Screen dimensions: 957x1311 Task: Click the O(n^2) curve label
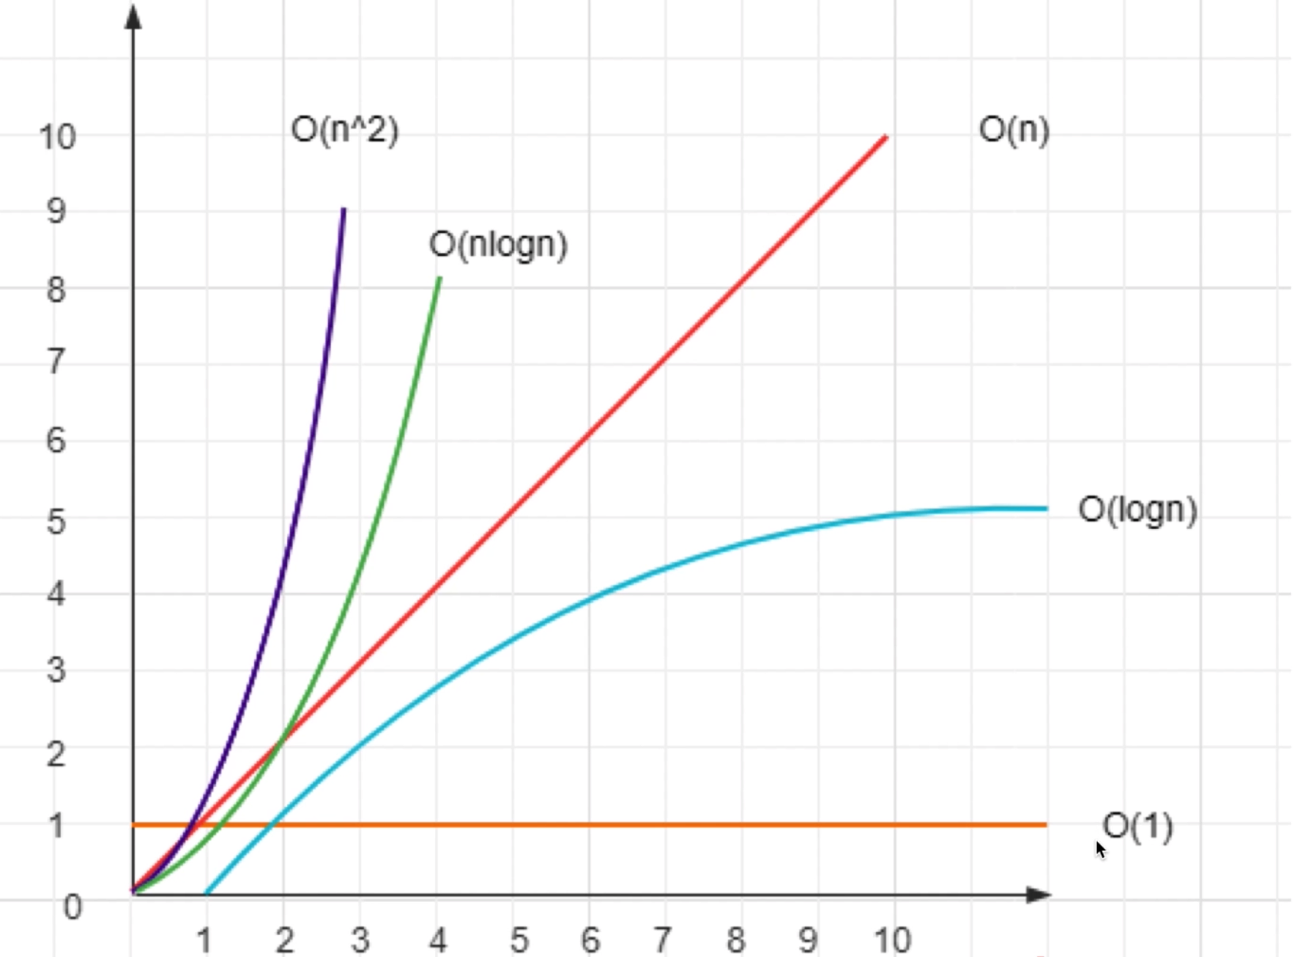click(344, 130)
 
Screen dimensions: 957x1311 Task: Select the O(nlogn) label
click(498, 245)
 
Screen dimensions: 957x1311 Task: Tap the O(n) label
click(1014, 130)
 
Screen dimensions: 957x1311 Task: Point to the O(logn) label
click(1137, 510)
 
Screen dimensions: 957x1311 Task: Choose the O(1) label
click(1137, 827)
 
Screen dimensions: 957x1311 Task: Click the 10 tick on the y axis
click(57, 137)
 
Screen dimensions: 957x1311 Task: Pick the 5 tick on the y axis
click(56, 522)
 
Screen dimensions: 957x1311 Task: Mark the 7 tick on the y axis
click(56, 361)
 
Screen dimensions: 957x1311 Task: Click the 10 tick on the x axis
click(892, 939)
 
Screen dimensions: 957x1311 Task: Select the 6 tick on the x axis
click(590, 939)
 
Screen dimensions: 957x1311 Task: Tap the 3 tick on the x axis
click(360, 939)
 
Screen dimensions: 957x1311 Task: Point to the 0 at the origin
click(73, 907)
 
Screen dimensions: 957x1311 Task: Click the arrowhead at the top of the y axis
click(133, 18)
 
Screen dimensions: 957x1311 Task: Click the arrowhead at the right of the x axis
click(1039, 895)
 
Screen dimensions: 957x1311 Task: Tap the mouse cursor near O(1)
click(1100, 849)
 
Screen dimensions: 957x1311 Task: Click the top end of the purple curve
click(344, 210)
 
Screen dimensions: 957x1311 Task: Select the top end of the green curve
click(439, 278)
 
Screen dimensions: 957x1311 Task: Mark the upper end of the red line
click(885, 137)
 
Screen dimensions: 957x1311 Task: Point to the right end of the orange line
click(1046, 825)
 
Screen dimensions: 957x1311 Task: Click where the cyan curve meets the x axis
click(207, 893)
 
